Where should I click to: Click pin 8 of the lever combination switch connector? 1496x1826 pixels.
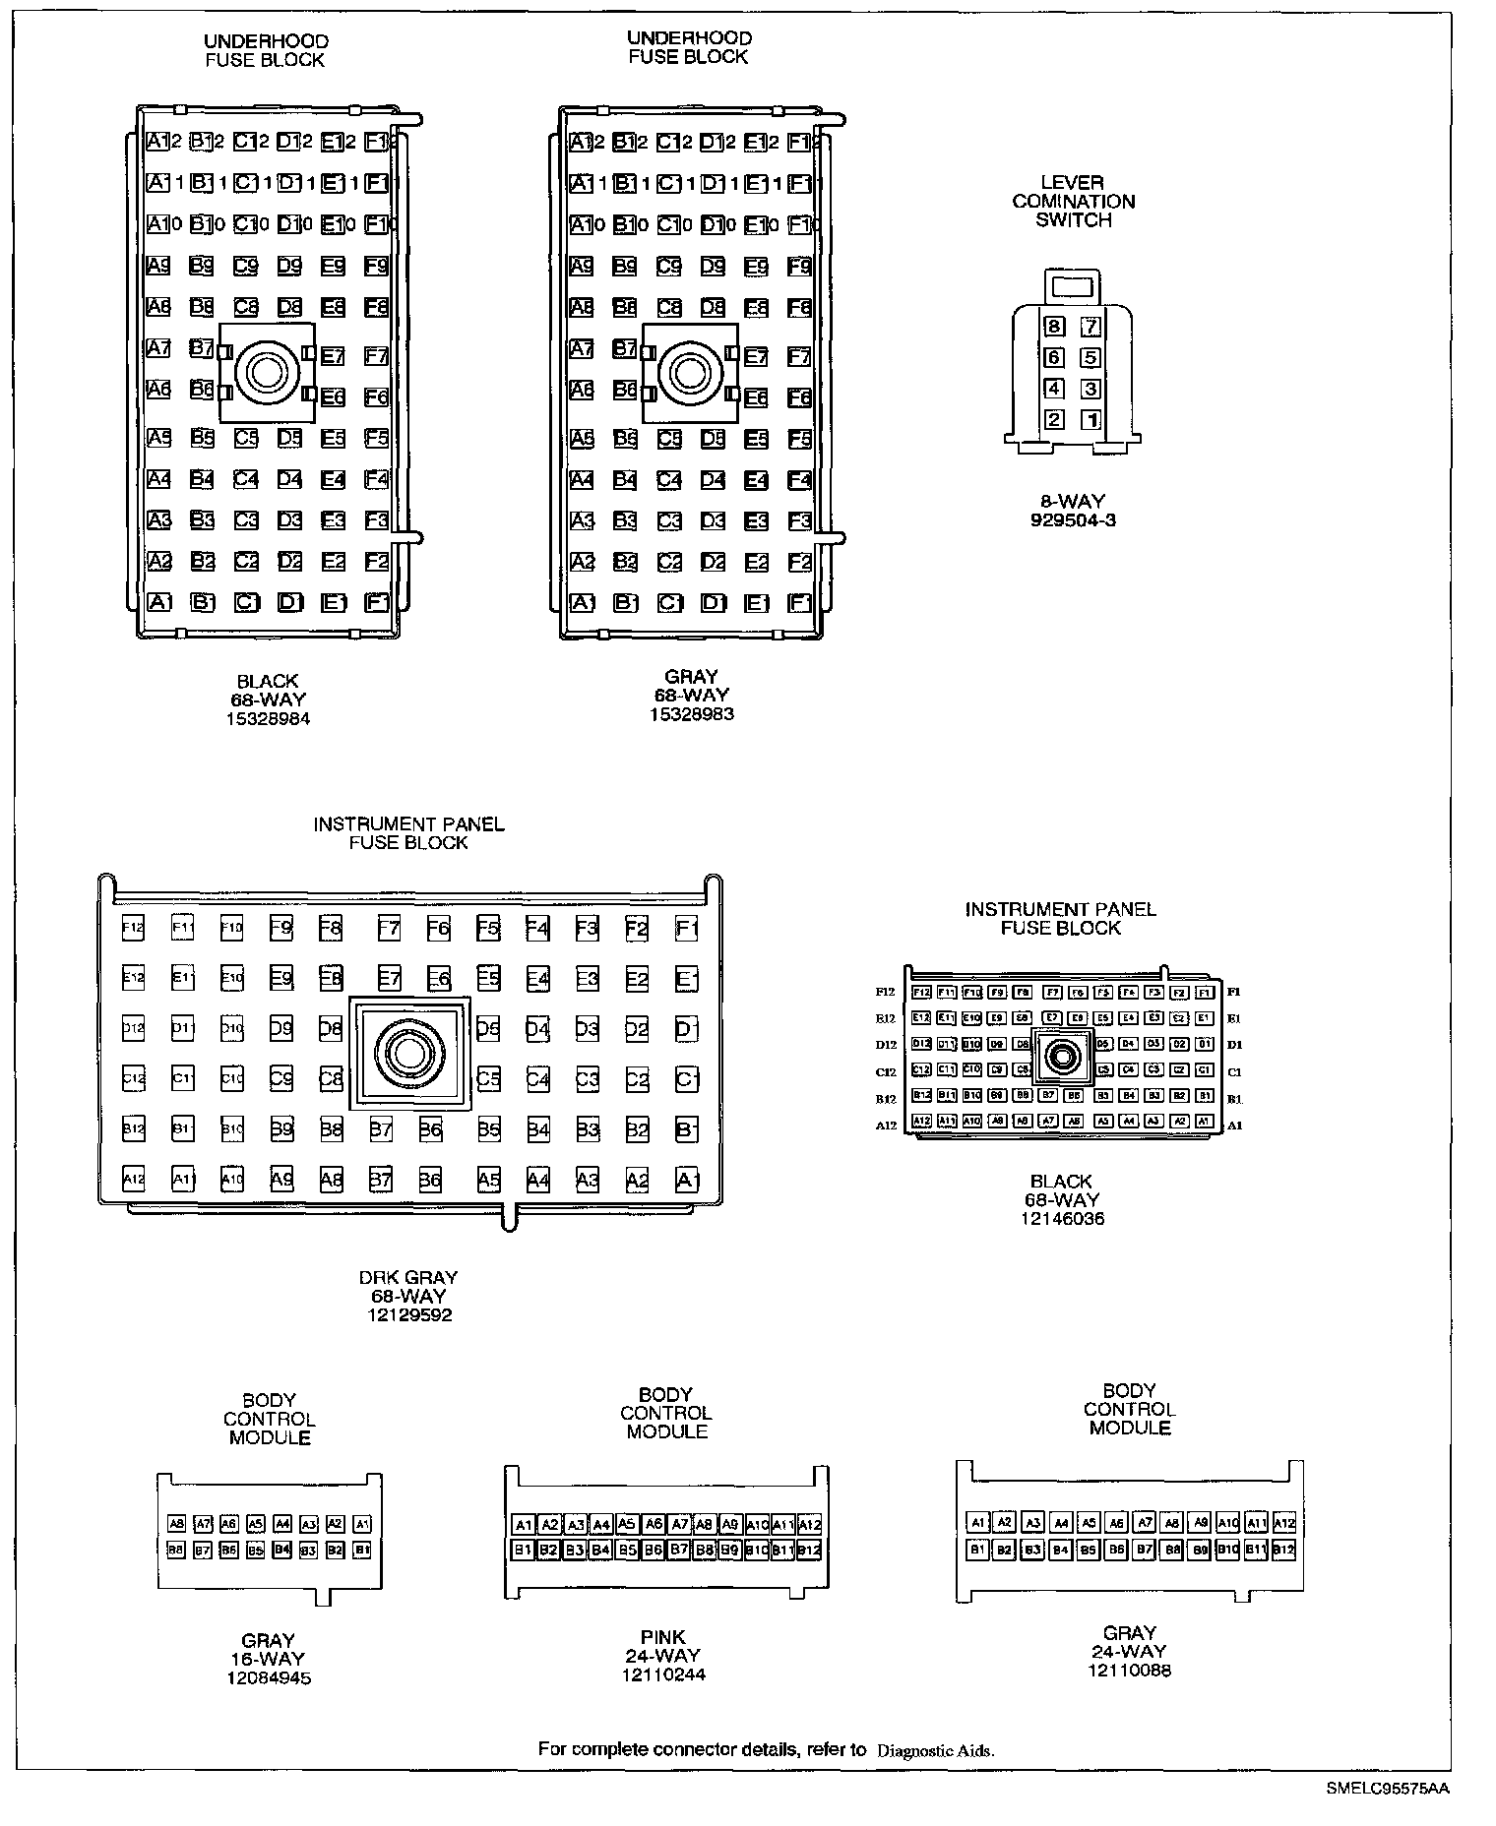click(x=1054, y=327)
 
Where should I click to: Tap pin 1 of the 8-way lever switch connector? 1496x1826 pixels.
click(x=1091, y=420)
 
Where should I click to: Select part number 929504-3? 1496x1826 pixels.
click(x=1073, y=520)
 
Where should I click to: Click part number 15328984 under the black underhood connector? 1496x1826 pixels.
click(x=268, y=718)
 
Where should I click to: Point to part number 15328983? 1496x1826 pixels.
click(x=691, y=714)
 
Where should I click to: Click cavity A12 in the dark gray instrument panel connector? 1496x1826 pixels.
click(x=133, y=1179)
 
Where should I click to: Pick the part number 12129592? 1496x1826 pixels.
click(x=407, y=1314)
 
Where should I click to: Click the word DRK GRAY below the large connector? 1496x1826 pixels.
click(x=407, y=1278)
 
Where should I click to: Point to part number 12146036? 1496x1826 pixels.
click(x=1061, y=1219)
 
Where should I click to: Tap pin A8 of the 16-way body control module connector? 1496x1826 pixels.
click(x=177, y=1524)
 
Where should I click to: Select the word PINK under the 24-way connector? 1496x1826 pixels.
click(x=662, y=1637)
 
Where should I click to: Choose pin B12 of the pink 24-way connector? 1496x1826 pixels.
click(x=809, y=1551)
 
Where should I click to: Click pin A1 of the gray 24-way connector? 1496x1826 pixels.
click(x=977, y=1523)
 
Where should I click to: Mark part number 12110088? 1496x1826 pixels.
click(x=1129, y=1670)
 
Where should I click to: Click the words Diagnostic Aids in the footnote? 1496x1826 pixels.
click(x=935, y=1750)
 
